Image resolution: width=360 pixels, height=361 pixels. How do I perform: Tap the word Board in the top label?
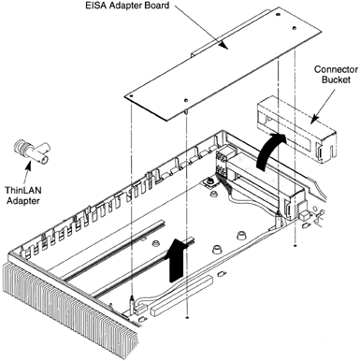point(158,6)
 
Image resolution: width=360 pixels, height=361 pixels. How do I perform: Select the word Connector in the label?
point(332,69)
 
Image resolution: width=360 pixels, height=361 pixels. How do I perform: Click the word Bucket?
point(336,79)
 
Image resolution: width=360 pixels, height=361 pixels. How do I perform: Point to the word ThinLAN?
point(23,190)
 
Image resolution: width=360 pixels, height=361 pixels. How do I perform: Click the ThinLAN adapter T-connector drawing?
point(31,152)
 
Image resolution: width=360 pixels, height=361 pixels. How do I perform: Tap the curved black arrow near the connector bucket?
point(268,151)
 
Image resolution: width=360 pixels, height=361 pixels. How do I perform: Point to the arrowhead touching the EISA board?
point(223,45)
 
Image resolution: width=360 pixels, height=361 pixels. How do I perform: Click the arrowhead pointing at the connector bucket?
point(315,119)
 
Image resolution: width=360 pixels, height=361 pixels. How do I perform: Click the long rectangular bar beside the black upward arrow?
point(181,295)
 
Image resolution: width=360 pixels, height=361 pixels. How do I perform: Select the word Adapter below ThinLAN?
point(23,201)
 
